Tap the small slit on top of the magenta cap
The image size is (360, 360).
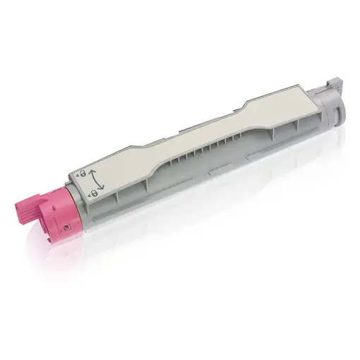pyautogui.click(x=53, y=202)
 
